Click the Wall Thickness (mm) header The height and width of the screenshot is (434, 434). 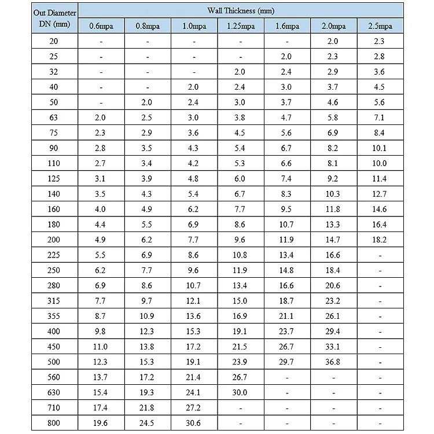point(240,11)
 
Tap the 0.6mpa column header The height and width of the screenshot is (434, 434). point(101,26)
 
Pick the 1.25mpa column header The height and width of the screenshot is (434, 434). point(240,26)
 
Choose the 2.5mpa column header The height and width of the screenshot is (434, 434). point(380,26)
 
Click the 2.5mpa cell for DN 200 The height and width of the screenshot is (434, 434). point(379,240)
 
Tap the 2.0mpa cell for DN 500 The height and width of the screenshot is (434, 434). point(333,362)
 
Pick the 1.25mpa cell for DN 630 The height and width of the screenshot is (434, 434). point(240,392)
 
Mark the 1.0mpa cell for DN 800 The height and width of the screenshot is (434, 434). point(193,423)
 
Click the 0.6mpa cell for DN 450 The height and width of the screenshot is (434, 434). point(101,347)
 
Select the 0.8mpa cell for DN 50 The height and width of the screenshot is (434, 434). point(147,102)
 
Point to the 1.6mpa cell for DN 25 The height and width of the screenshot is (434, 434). point(286,57)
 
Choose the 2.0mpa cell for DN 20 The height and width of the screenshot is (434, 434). point(333,41)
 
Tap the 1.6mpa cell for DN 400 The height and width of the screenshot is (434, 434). point(286,332)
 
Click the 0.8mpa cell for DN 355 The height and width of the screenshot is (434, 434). point(147,316)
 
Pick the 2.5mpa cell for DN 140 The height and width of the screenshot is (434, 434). point(379,194)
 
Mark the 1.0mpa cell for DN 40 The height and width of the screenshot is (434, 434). point(193,87)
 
